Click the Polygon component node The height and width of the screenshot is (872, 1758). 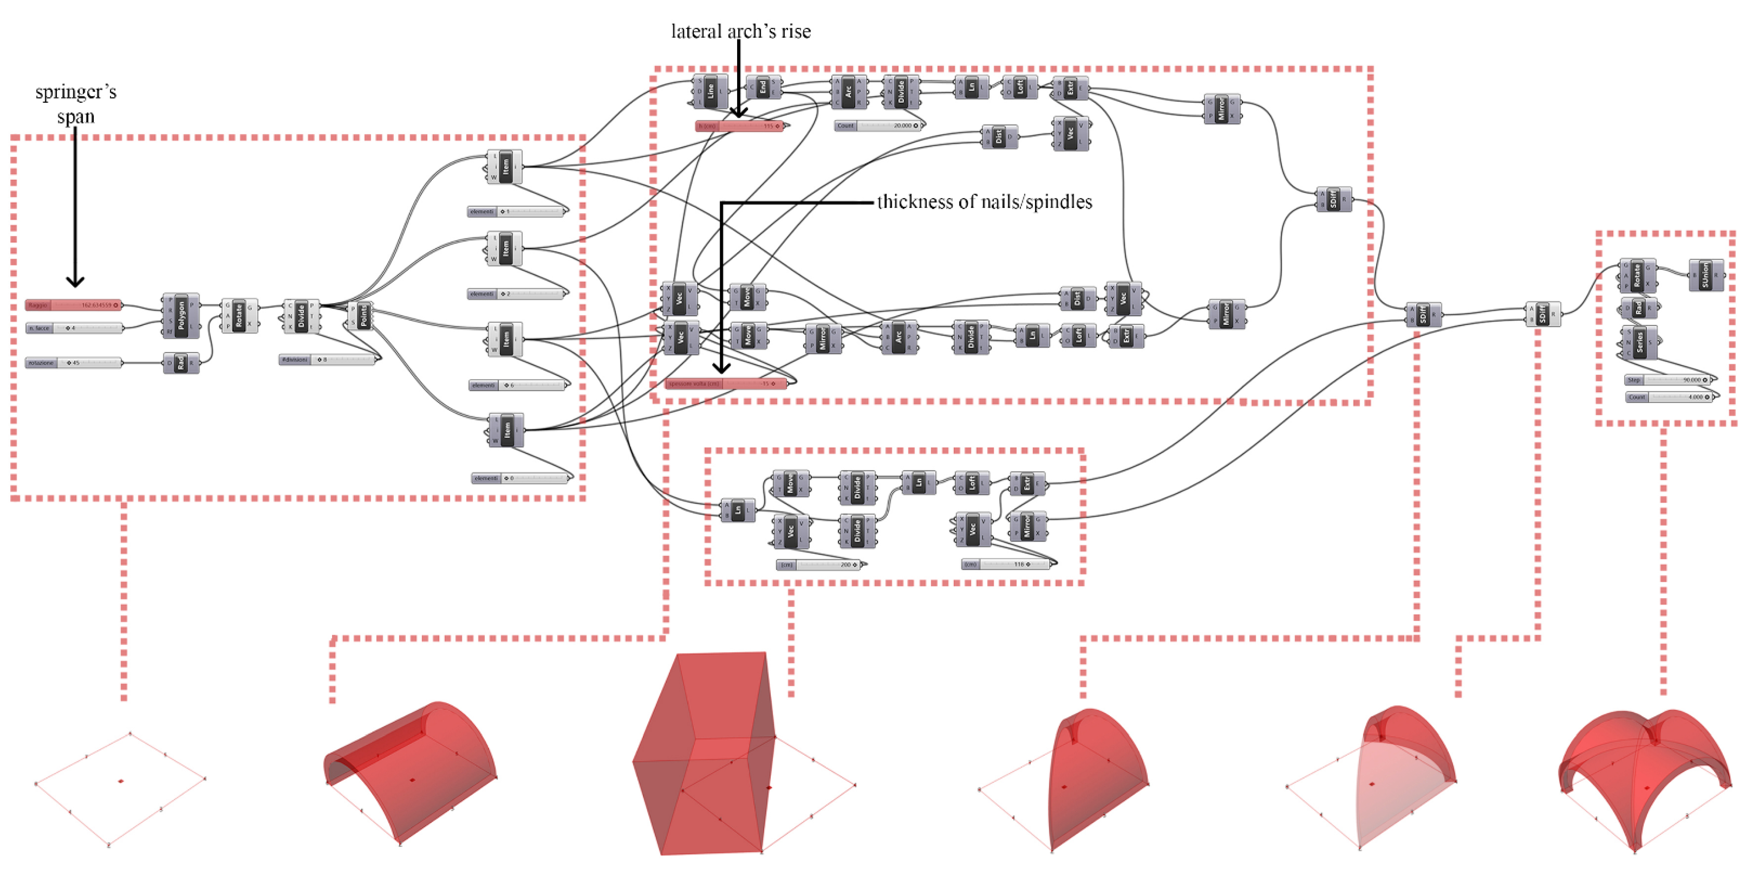click(181, 316)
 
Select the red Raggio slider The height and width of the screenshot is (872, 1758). click(74, 305)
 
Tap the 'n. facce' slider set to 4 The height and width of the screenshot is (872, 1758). click(74, 328)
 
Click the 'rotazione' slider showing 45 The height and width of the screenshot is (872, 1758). click(74, 363)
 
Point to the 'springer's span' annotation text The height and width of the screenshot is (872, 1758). click(76, 104)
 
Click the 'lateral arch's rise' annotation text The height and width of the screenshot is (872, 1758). click(741, 31)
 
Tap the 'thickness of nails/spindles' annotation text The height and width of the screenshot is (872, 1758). click(984, 202)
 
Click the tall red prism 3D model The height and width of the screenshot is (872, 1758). click(703, 754)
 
